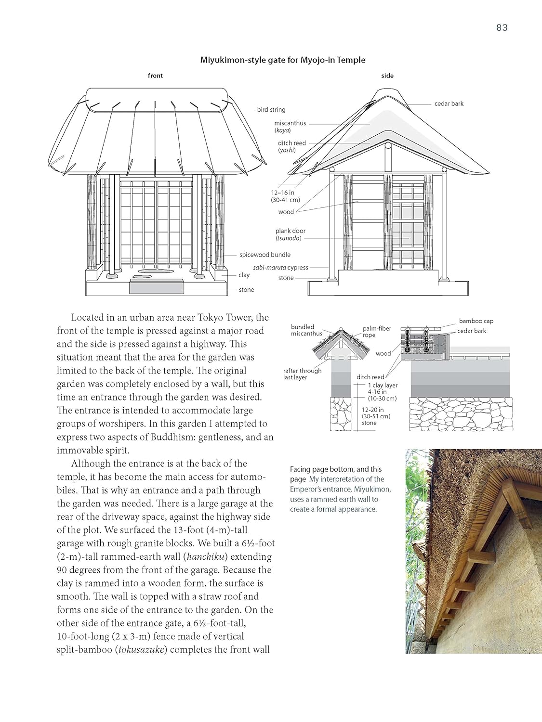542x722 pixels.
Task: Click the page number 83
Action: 502,27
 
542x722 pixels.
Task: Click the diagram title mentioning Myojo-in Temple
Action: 283,60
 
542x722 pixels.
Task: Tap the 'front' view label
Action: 155,76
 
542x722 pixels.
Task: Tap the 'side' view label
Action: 387,76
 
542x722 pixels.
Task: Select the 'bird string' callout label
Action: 271,110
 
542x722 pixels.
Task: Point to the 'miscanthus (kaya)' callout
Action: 290,127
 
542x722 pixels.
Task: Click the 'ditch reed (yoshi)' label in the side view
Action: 291,146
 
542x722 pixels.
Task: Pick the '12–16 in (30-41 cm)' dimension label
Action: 285,196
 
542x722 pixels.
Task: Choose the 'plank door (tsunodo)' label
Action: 291,234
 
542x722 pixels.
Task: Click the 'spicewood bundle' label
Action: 265,255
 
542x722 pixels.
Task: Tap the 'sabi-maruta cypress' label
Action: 280,268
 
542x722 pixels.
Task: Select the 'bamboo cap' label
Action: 476,321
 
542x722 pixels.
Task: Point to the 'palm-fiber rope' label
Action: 377,332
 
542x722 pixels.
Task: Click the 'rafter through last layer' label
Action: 302,374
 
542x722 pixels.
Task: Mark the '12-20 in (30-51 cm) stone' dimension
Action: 376,416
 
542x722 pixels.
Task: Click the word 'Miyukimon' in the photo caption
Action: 373,489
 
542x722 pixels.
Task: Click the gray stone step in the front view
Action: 157,287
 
